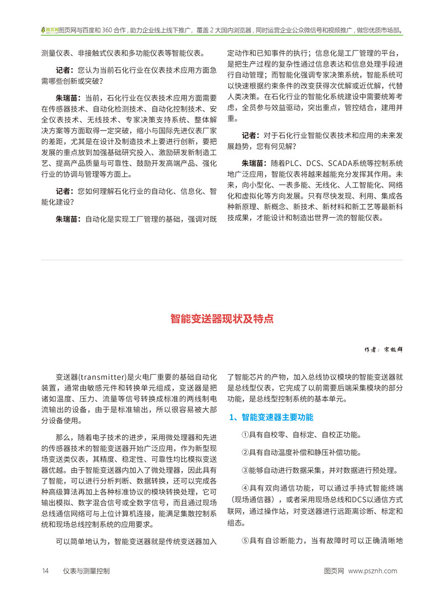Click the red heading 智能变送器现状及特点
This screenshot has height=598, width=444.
tap(222, 319)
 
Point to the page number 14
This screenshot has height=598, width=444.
tap(45, 571)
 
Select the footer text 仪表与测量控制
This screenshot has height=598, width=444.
tap(86, 571)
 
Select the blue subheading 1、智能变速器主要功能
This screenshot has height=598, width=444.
tap(271, 417)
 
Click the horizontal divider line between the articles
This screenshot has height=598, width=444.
tap(222, 259)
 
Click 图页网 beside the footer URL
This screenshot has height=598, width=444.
tap(334, 571)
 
